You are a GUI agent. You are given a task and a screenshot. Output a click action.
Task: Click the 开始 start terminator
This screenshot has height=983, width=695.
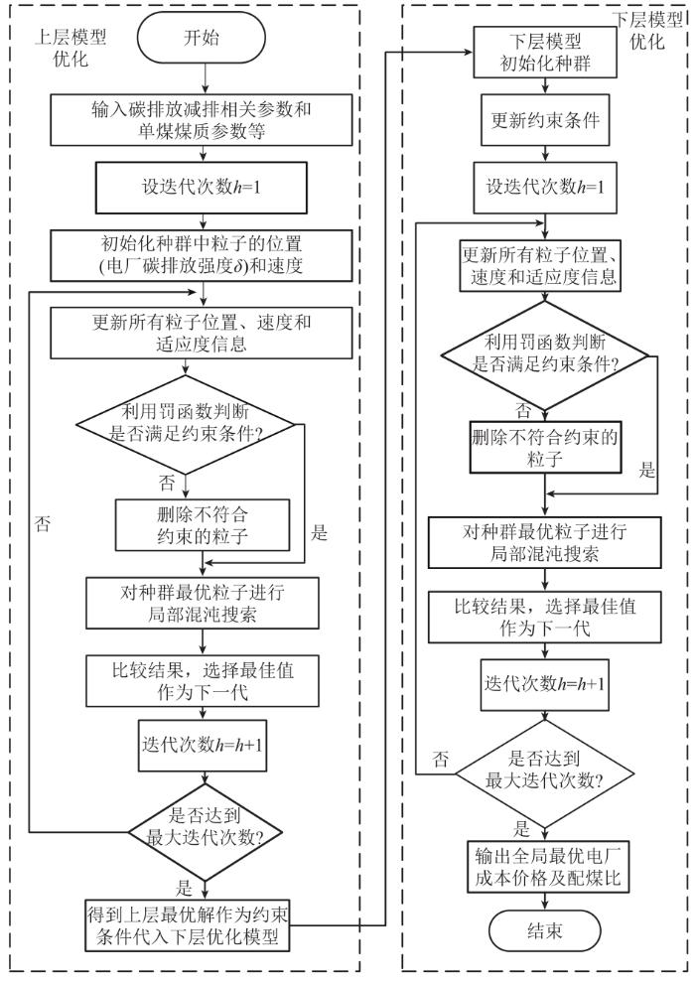(202, 38)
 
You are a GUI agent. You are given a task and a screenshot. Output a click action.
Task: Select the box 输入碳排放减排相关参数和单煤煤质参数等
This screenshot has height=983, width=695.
(202, 120)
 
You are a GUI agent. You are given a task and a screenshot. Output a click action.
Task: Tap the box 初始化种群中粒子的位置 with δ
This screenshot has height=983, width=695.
(202, 254)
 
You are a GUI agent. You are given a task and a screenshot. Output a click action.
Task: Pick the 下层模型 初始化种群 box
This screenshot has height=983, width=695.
(545, 52)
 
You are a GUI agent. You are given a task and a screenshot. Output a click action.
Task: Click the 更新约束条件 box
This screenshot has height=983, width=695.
(545, 120)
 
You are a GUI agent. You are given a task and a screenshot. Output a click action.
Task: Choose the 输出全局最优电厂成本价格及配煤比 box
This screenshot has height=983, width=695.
(547, 867)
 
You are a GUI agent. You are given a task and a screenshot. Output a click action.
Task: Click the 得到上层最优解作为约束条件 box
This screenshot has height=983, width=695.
(188, 925)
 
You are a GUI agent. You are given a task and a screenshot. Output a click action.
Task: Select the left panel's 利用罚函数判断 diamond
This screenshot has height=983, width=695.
(186, 424)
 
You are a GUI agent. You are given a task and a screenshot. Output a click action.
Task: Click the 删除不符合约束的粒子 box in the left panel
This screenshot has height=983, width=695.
(203, 524)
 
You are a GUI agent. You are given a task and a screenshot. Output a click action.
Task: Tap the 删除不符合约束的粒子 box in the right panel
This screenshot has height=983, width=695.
(545, 447)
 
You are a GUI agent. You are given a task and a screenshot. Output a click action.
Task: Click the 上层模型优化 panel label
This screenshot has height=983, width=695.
(70, 49)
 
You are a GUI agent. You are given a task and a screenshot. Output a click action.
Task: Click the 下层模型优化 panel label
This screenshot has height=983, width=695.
(647, 31)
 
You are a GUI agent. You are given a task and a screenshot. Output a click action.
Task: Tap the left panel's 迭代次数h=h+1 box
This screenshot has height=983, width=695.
(203, 746)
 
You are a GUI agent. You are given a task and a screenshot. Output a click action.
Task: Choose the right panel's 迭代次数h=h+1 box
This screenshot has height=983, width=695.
(545, 684)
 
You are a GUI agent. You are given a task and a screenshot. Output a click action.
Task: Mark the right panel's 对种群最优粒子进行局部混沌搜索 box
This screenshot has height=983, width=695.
(545, 542)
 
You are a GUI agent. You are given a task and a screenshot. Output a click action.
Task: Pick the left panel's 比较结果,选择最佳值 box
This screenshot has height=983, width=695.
(203, 681)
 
